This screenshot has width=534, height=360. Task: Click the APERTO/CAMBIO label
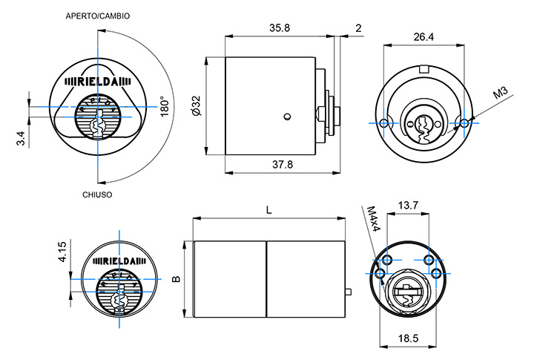(98, 16)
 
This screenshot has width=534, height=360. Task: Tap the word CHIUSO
(96, 194)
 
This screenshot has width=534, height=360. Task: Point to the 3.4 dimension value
(21, 137)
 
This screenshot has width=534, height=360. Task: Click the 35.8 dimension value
(280, 27)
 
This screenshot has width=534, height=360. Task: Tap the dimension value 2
(358, 27)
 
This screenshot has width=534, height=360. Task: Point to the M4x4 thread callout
(374, 220)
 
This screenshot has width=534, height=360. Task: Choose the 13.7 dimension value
(409, 205)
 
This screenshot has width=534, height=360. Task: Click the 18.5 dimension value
(409, 338)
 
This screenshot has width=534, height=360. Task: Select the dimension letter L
(269, 210)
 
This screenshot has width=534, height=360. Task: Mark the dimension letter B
(176, 279)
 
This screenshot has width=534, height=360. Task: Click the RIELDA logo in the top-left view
(98, 82)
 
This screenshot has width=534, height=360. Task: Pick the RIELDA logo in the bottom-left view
(119, 261)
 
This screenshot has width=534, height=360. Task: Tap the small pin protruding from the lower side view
(349, 292)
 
